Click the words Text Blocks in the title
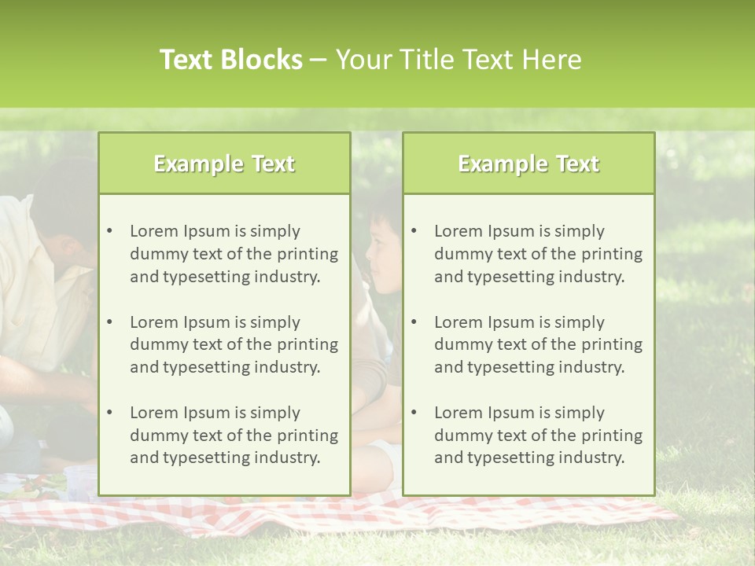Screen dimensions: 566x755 click(230, 60)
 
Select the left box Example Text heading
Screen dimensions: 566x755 click(224, 164)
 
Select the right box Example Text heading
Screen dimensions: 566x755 click(528, 164)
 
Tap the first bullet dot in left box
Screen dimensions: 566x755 click(109, 231)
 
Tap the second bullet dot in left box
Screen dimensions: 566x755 click(109, 322)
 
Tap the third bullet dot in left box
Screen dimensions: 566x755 click(109, 413)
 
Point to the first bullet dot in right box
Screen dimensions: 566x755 click(414, 231)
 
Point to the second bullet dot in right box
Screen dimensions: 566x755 click(414, 322)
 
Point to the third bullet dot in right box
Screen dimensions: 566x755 click(414, 413)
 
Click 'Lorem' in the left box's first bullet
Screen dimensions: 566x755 click(154, 231)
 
